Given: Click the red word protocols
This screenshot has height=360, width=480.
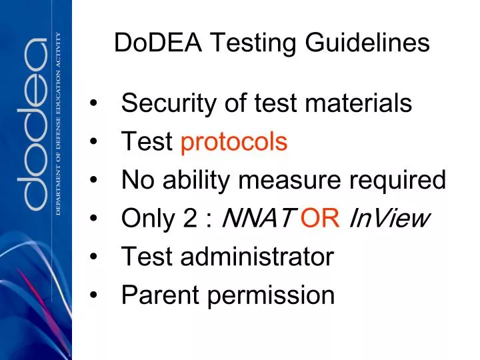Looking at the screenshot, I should [x=234, y=142].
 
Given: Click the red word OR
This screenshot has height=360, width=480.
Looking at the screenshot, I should [x=321, y=217].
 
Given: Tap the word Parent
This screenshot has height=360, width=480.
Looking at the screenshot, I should [x=157, y=294].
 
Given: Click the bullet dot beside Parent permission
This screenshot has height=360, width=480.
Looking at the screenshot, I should [x=97, y=294].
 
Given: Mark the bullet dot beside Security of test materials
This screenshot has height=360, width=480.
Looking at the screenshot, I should [x=97, y=104].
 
